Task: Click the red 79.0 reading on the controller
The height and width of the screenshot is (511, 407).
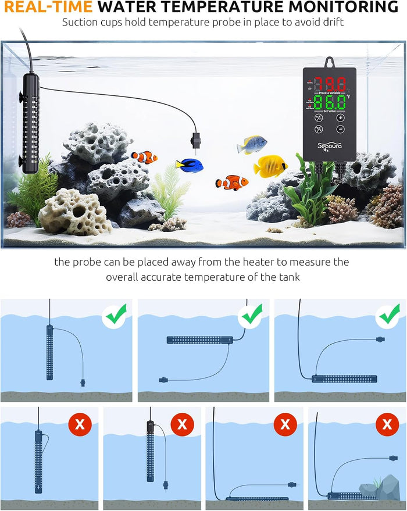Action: pos(329,82)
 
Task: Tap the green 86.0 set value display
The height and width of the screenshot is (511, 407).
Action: pos(330,103)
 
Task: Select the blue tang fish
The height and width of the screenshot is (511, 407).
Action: pos(189,165)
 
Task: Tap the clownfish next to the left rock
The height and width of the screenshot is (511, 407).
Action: pos(144,157)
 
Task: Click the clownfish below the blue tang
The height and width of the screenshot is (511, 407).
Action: pos(232,183)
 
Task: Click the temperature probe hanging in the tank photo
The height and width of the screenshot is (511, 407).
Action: pos(194,141)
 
